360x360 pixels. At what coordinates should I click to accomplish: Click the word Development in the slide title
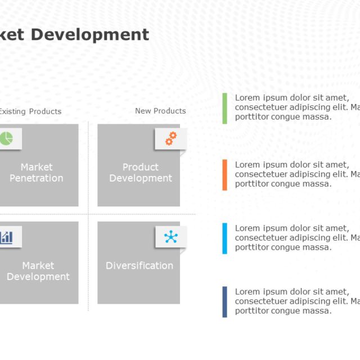[x=89, y=35]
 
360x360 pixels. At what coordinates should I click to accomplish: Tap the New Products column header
[x=160, y=111]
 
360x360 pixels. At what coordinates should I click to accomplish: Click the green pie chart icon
[x=6, y=138]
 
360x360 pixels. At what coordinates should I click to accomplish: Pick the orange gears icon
[x=171, y=138]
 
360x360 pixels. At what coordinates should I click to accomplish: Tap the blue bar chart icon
[x=6, y=237]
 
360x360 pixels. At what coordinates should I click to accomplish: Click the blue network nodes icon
[x=171, y=237]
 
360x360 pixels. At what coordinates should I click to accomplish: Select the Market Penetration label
[x=37, y=173]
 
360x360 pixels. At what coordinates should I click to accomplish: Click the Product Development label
[x=140, y=173]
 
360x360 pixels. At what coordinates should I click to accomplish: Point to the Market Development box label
[x=38, y=271]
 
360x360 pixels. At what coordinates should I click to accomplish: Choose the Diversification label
[x=139, y=265]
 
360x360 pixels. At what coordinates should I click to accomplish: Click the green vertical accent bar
[x=225, y=108]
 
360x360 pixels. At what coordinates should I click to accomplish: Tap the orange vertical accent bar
[x=225, y=174]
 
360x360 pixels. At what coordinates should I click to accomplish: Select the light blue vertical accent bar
[x=225, y=238]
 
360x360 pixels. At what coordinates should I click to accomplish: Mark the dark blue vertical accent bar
[x=225, y=301]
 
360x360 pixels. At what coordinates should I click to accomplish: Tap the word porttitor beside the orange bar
[x=253, y=184]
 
